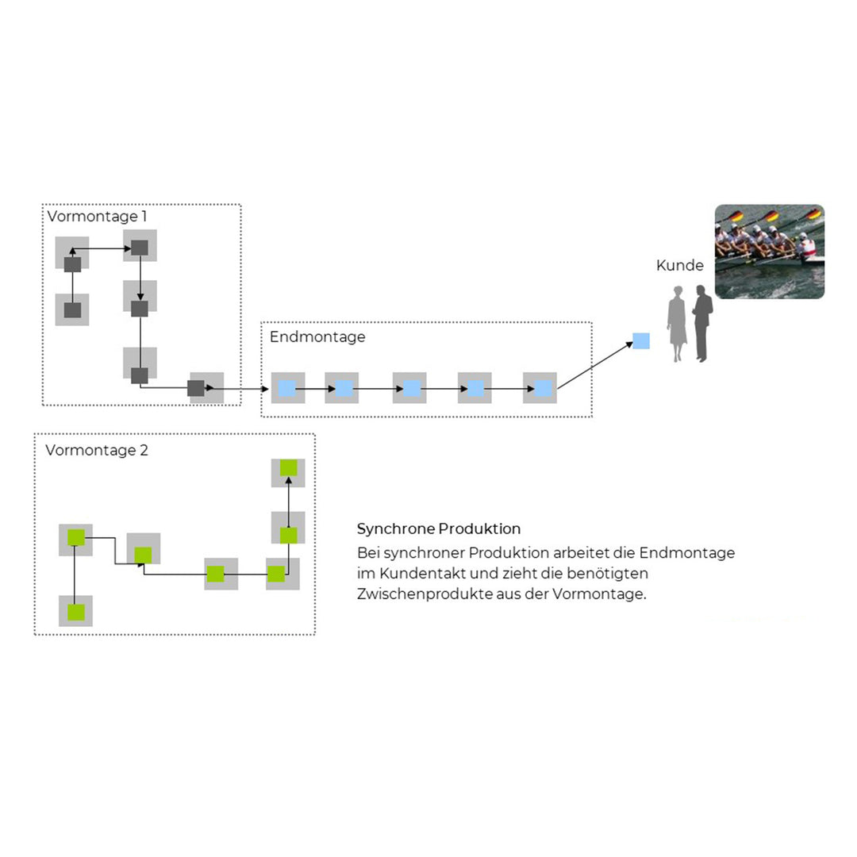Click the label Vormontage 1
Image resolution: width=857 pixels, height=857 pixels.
[x=97, y=216]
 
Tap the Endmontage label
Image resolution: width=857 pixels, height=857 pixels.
[x=317, y=336]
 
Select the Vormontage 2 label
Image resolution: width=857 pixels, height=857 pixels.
[x=97, y=451]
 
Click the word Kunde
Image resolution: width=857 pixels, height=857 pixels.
[x=679, y=266]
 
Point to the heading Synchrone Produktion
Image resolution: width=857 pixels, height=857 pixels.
[x=438, y=528]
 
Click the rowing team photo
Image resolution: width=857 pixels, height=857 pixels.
[x=769, y=252]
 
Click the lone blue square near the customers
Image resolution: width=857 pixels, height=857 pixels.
[x=641, y=340]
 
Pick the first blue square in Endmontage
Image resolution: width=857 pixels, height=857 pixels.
[x=287, y=388]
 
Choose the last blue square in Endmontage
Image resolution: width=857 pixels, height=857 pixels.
[x=542, y=388]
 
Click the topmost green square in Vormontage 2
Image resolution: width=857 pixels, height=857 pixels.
[x=288, y=467]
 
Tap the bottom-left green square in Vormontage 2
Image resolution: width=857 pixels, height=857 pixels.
[x=75, y=612]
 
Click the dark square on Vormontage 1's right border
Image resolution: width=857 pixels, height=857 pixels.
[x=196, y=388]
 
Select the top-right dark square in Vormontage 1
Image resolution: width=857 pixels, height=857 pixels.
[x=140, y=247]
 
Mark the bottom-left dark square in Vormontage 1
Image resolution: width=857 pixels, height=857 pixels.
[x=72, y=309]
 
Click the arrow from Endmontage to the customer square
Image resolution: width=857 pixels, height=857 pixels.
[x=595, y=365]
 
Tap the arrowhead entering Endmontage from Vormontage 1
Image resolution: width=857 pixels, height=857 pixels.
[x=266, y=389]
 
